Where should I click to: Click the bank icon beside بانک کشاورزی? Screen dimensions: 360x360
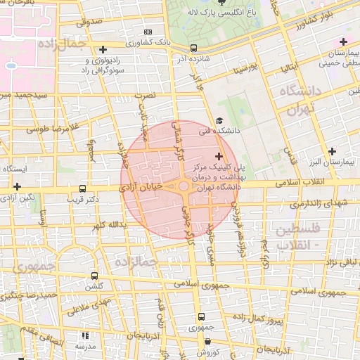tap(148, 32)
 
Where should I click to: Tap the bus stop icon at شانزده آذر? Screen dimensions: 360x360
tap(193, 48)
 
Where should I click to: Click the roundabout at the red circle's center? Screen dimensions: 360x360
tap(183, 186)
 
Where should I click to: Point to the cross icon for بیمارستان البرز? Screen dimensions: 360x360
tap(332, 151)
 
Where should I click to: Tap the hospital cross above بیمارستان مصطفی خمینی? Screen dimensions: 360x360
tap(342, 41)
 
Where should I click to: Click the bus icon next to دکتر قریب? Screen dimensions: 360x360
tap(84, 188)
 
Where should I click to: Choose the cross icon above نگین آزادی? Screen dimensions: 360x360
tap(17, 186)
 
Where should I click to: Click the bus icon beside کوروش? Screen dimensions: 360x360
tap(201, 341)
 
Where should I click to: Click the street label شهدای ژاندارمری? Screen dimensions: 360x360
tap(318, 204)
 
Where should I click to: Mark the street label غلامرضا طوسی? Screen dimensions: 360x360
tap(50, 129)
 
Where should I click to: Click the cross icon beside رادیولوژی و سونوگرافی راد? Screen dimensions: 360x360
tap(103, 49)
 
